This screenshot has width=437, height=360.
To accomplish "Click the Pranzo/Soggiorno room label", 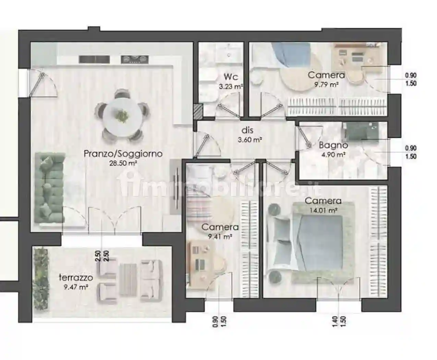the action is (123, 154).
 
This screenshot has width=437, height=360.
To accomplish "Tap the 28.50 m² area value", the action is (123, 163).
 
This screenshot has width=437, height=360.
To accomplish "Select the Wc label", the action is (231, 77).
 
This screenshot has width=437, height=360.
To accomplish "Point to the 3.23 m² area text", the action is (231, 86).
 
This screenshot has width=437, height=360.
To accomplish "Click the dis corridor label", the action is (247, 130).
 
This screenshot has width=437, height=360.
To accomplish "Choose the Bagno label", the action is (333, 145).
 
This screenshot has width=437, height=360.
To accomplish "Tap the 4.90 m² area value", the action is (333, 155).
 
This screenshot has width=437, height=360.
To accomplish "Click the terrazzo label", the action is (76, 278).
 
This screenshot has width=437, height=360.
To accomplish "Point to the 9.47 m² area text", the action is (76, 287).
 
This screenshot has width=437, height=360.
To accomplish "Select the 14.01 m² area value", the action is (323, 210).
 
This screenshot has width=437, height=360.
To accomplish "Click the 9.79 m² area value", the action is (327, 85).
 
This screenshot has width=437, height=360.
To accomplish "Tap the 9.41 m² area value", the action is (220, 237).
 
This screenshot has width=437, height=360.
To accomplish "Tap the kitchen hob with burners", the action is (135, 59).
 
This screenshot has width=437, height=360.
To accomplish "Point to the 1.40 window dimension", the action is (335, 322).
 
